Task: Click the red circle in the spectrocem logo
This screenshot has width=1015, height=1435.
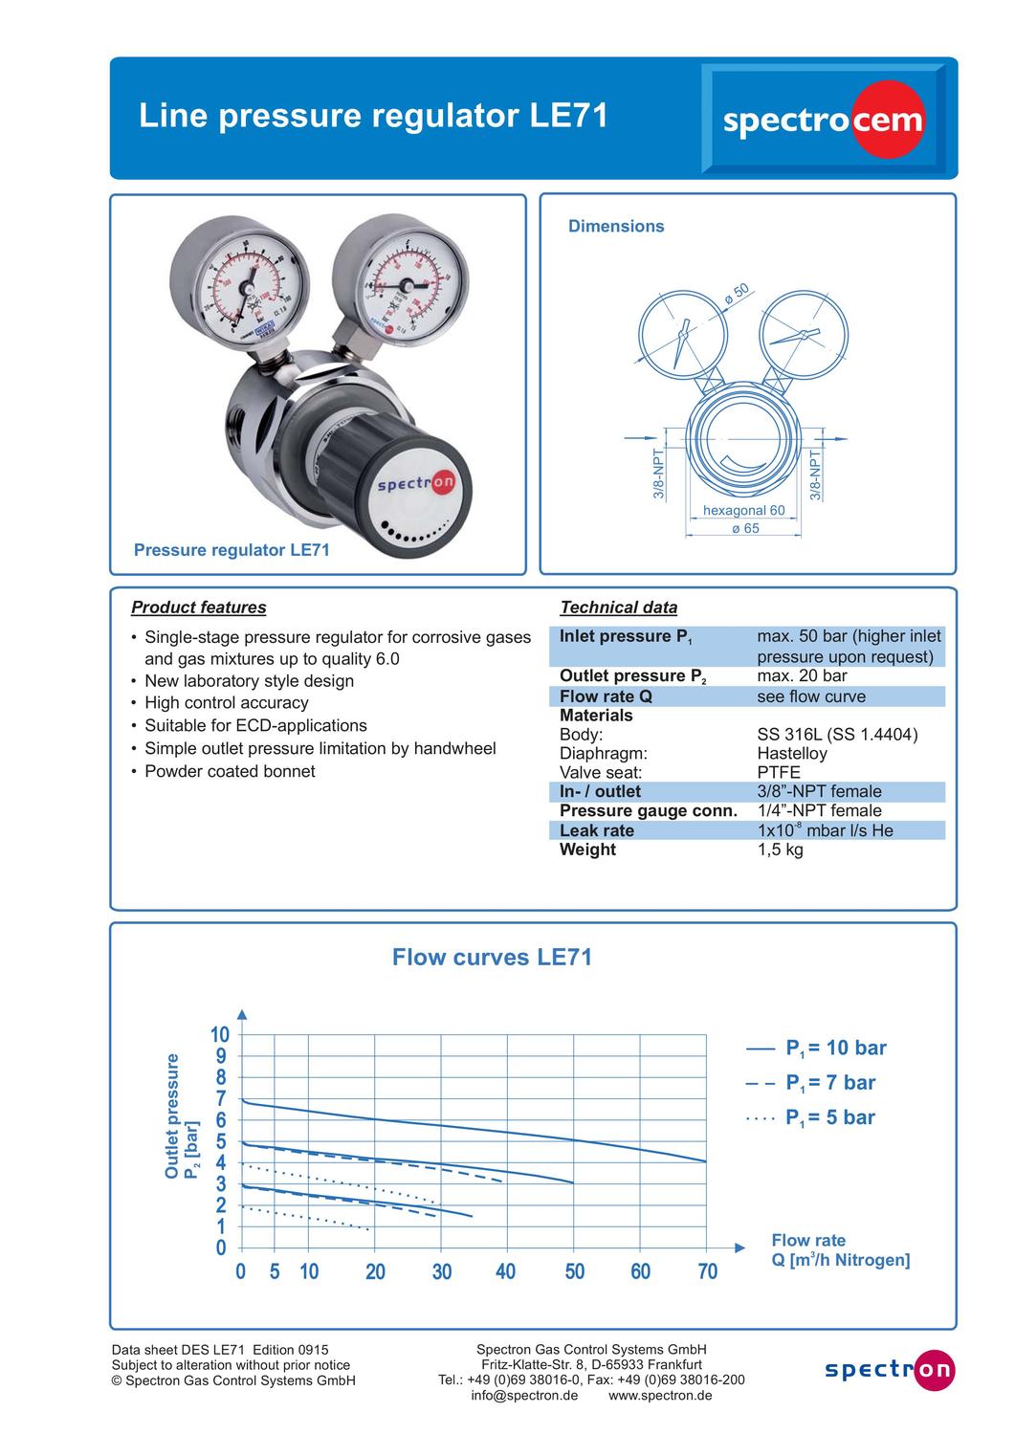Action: pos(889,120)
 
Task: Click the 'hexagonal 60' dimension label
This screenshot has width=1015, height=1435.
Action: pos(743,511)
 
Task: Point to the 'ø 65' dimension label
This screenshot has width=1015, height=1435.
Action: pos(744,529)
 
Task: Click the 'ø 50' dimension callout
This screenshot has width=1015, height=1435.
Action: pos(737,293)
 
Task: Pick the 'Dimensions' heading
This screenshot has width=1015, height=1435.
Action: pos(616,227)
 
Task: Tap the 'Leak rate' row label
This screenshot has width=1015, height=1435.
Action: pos(596,830)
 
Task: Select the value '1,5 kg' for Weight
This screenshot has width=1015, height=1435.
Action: pos(780,850)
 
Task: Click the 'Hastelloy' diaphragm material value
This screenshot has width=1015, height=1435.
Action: pos(791,754)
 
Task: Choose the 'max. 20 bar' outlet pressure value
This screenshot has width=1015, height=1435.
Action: pos(802,676)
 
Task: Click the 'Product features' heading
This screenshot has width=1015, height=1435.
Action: pos(199,607)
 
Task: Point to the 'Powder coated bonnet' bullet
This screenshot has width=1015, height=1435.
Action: pos(229,771)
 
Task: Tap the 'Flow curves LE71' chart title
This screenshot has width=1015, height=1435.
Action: pos(492,958)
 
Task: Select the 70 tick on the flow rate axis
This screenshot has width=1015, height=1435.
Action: pos(707,1271)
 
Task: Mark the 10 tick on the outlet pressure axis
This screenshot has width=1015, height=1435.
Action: pos(220,1035)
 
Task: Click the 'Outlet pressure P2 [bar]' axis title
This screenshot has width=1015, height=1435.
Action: pos(182,1115)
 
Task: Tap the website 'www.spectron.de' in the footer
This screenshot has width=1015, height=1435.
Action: pos(660,1396)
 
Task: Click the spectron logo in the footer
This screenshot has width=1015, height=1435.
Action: pos(890,1371)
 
